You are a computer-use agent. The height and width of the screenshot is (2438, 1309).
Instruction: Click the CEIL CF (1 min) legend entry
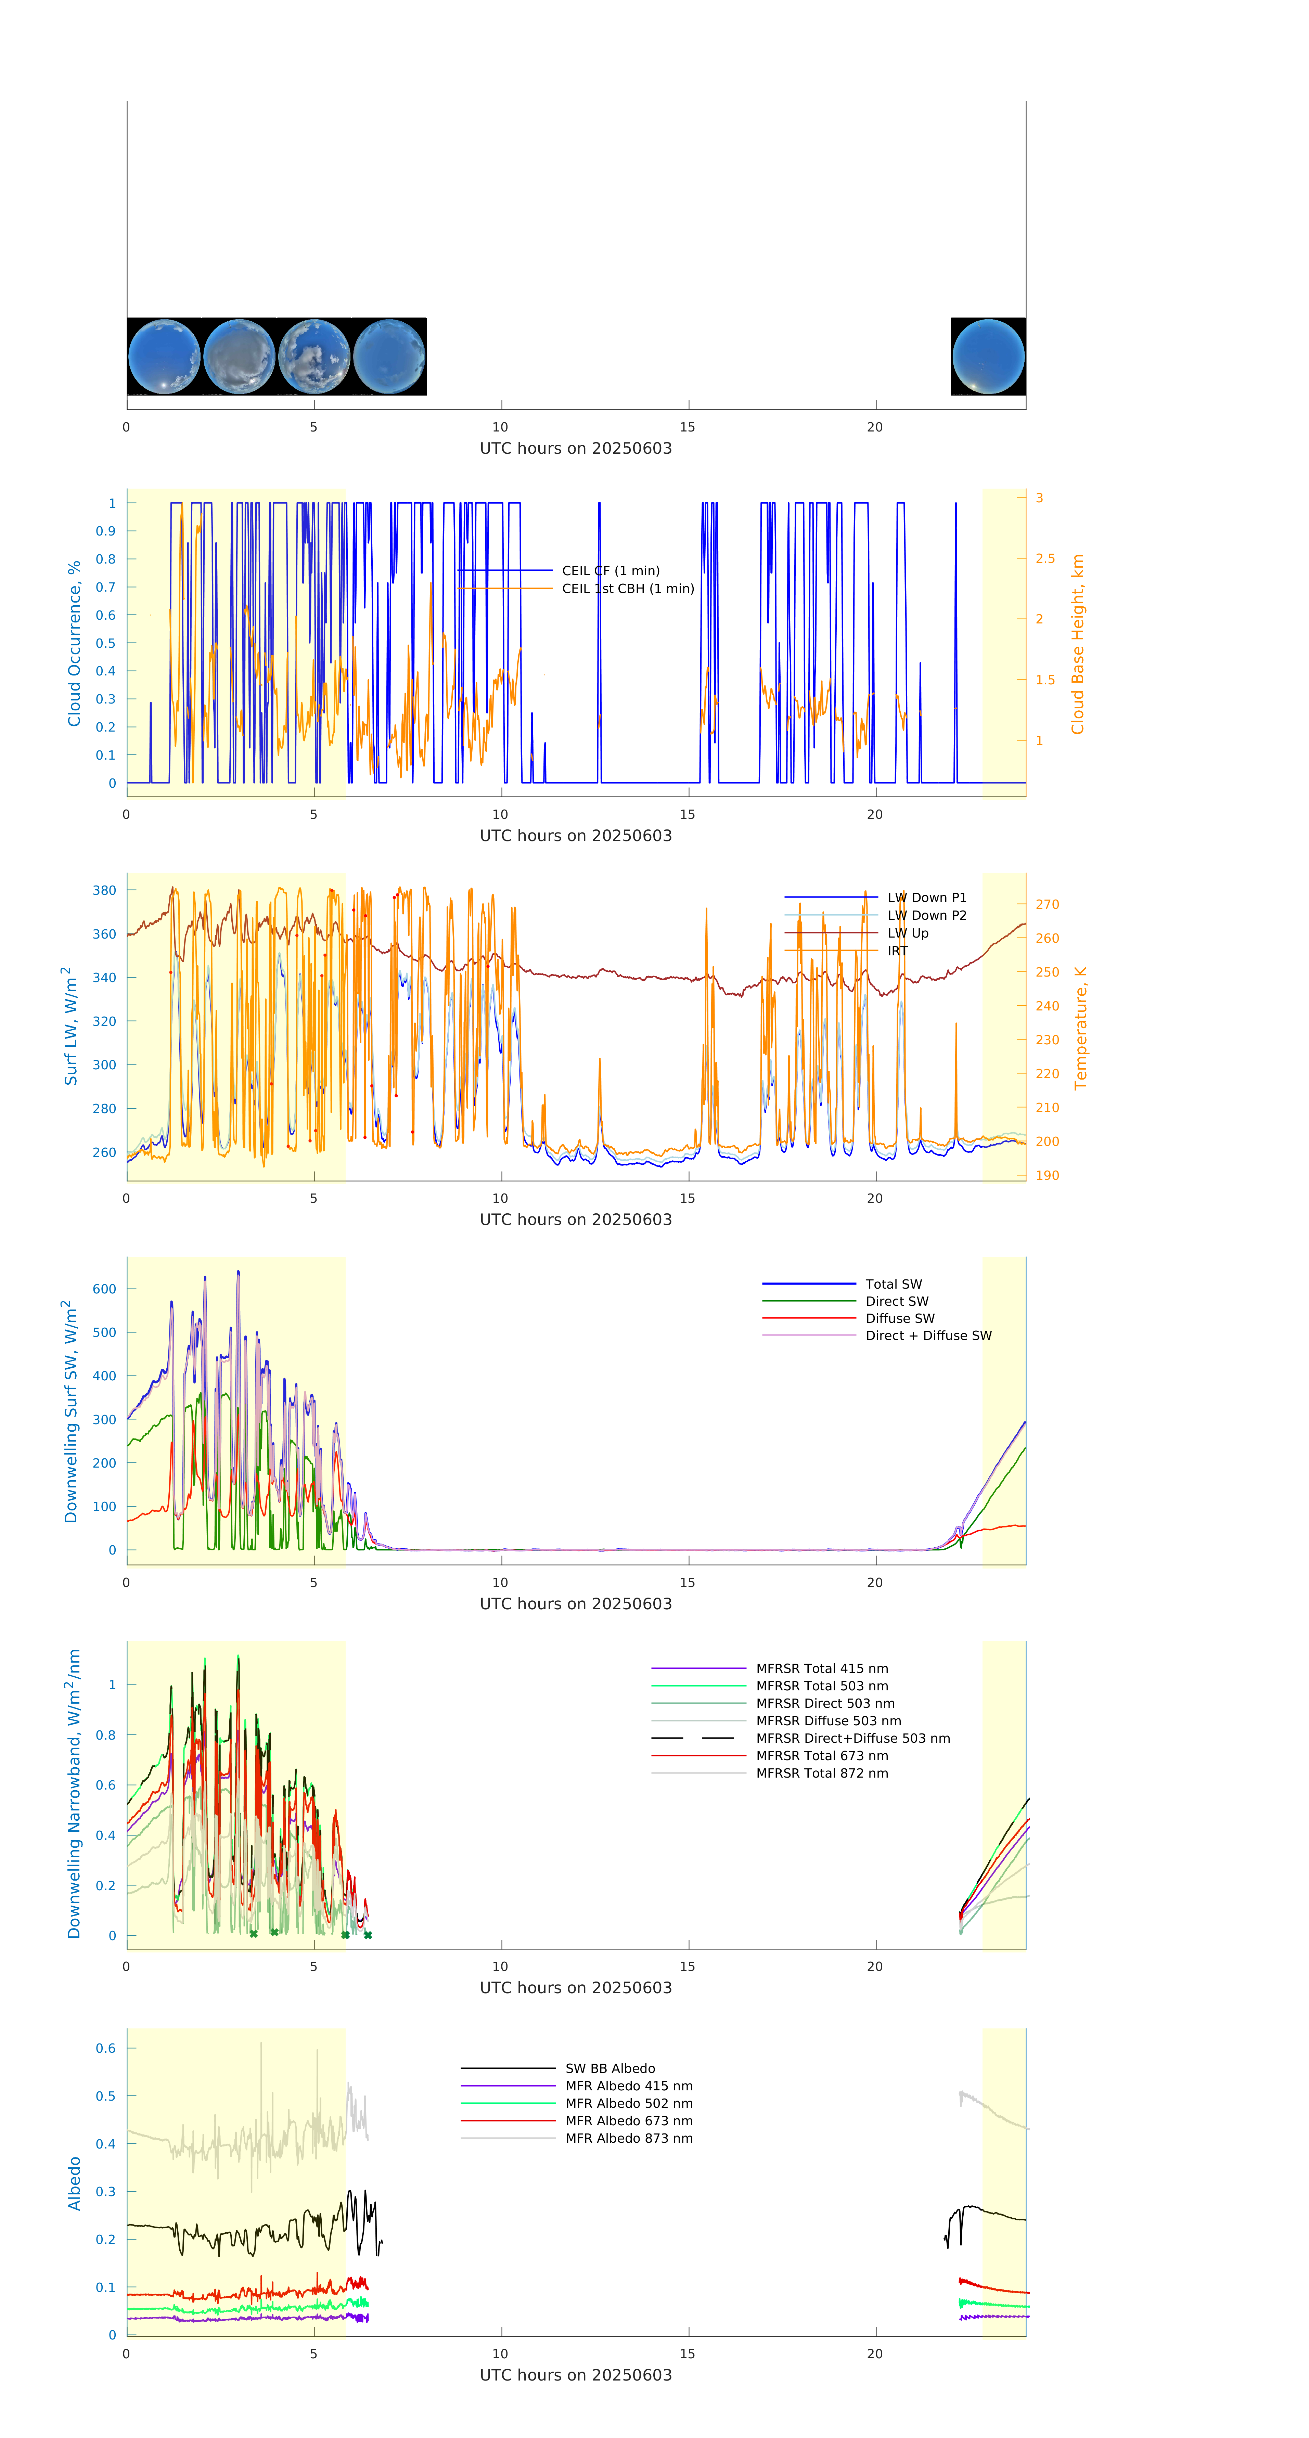pos(611,571)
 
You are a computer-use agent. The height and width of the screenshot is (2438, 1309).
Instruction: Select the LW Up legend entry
pos(907,933)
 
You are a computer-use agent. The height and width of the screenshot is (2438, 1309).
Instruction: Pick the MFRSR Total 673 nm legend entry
pos(822,1756)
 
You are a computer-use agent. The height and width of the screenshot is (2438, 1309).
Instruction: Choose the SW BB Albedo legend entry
pos(609,2069)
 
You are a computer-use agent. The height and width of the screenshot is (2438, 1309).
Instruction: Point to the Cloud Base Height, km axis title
pos(1077,645)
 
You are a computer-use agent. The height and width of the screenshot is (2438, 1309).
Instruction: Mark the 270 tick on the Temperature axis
pos(1047,904)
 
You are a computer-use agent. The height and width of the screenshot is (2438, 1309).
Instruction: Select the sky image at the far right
pos(988,357)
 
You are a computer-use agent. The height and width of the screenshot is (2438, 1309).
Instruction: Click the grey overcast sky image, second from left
pos(240,357)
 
